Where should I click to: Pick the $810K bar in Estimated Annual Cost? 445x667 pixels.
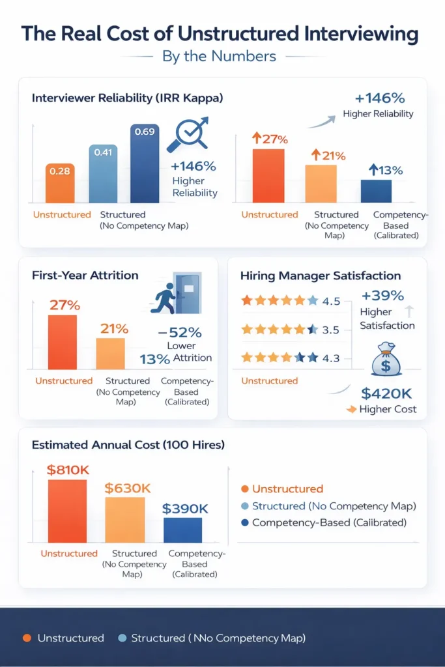(67, 511)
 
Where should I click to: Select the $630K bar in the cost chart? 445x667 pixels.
(124, 520)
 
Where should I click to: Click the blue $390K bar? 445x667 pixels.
(182, 530)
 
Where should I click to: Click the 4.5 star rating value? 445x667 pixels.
(331, 301)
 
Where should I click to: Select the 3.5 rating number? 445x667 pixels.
(331, 330)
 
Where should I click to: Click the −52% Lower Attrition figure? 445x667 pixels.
(179, 332)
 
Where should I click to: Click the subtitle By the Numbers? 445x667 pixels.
(220, 57)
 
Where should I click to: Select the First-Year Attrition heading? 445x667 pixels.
(85, 275)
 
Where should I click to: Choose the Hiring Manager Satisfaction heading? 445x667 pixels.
(320, 276)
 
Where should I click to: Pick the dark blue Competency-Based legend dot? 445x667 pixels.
(244, 522)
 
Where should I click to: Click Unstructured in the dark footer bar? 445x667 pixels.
(70, 638)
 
